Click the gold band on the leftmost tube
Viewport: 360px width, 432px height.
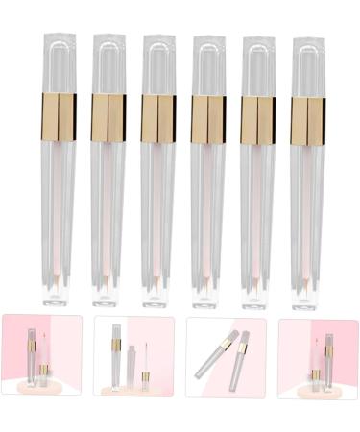pyautogui.click(x=59, y=116)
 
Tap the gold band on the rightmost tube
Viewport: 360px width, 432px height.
pyautogui.click(x=308, y=116)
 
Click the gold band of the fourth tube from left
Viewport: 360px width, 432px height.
pyautogui.click(x=208, y=116)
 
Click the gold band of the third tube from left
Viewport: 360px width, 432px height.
pyautogui.click(x=157, y=116)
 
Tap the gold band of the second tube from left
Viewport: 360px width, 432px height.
pyautogui.click(x=108, y=116)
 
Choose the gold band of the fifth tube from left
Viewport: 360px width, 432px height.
pyautogui.click(x=258, y=116)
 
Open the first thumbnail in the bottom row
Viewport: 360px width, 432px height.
pyautogui.click(x=40, y=358)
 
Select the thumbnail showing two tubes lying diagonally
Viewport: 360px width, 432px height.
pyautogui.click(x=226, y=358)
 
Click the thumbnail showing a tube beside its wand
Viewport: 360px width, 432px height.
pyautogui.click(x=133, y=358)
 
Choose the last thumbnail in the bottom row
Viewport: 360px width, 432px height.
pyautogui.click(x=318, y=358)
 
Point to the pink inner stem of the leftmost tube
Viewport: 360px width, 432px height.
pyautogui.click(x=59, y=211)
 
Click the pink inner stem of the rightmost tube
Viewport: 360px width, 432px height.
pyautogui.click(x=309, y=211)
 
